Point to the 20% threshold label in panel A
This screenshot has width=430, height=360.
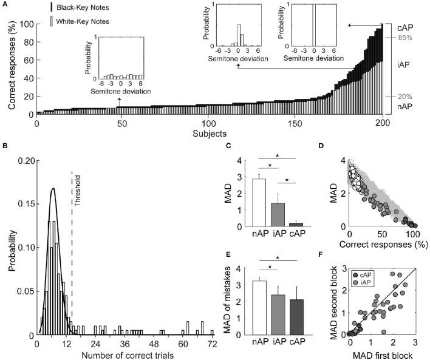(398, 96)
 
